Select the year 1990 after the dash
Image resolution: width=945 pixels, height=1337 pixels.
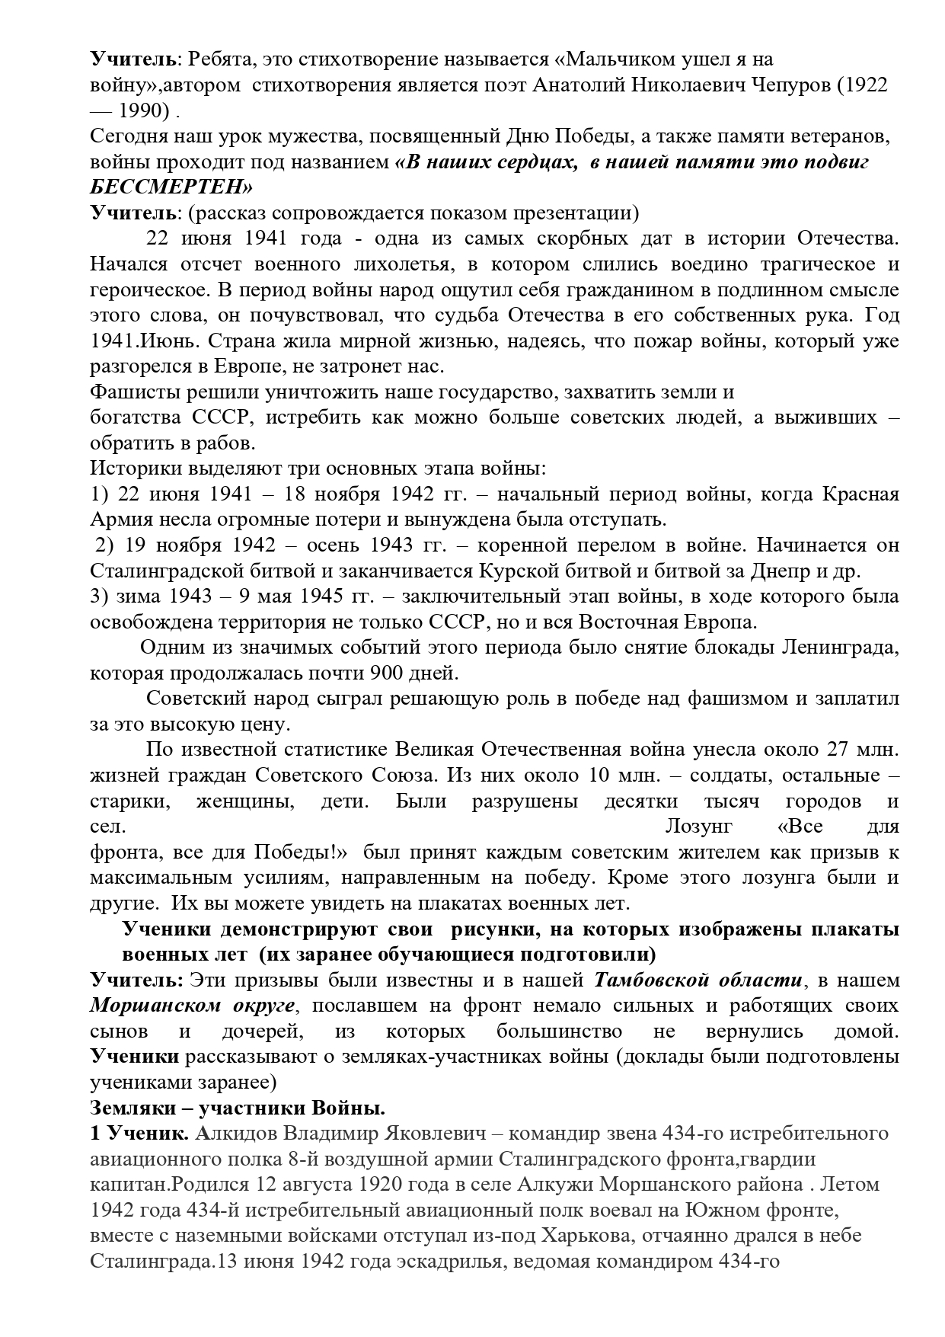143,110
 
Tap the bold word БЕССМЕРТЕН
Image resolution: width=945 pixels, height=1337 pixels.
172,187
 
